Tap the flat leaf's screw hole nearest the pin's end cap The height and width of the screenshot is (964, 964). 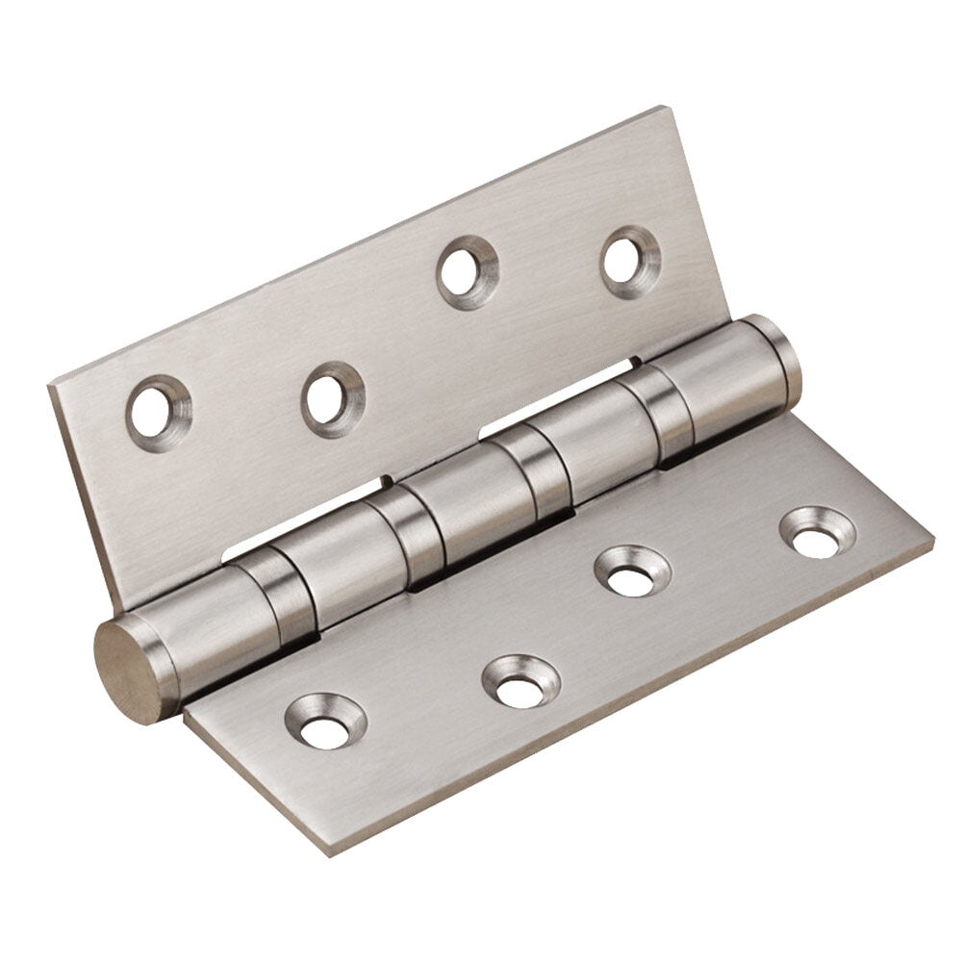[322, 722]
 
